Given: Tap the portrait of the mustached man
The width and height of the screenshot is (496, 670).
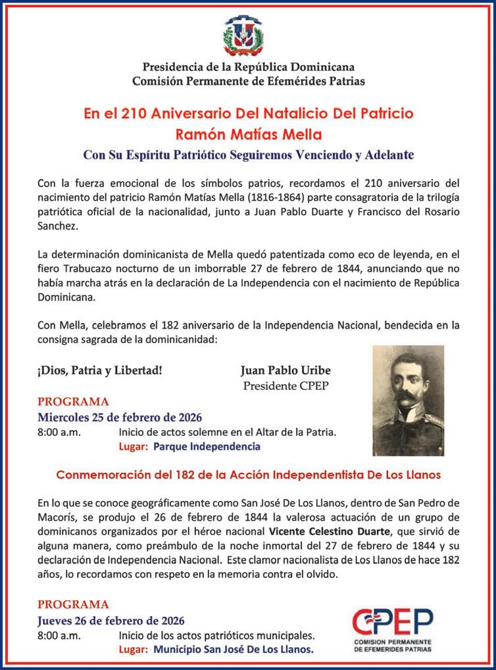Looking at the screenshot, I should pos(408,400).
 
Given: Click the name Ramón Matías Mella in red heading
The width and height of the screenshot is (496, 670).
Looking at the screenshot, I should pos(248,135).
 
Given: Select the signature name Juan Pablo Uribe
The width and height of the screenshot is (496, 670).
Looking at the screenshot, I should pos(285,370).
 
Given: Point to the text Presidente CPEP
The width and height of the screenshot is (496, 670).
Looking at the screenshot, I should pos(285,385).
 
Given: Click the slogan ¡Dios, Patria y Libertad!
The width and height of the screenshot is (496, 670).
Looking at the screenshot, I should pos(99,370).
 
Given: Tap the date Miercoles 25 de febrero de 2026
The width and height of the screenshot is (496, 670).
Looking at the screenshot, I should pos(119,418).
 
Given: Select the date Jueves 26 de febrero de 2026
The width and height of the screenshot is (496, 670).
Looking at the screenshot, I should pos(111,621).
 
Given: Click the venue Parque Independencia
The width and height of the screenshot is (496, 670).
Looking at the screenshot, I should pos(207,446).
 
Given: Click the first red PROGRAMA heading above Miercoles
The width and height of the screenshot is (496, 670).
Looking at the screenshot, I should pos(73,402).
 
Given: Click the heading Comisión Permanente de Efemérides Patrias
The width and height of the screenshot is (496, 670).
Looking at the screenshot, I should pos(248,81).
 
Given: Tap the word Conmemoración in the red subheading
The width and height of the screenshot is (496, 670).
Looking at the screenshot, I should pos(101,473).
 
